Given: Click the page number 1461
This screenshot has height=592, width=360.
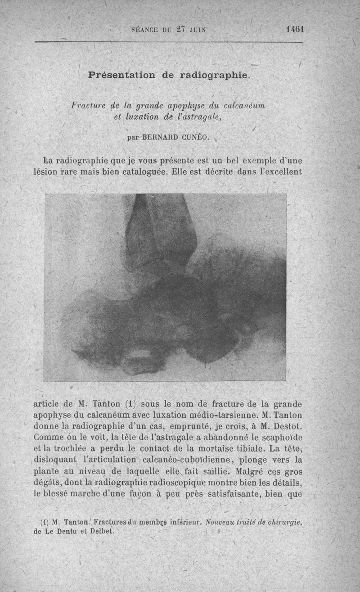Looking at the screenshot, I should (x=295, y=29).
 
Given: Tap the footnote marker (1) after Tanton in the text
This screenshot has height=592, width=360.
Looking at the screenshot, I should (x=128, y=403).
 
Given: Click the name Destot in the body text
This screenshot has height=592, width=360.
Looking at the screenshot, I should (x=284, y=425).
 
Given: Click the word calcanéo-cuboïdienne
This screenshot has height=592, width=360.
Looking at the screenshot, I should (x=186, y=460).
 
